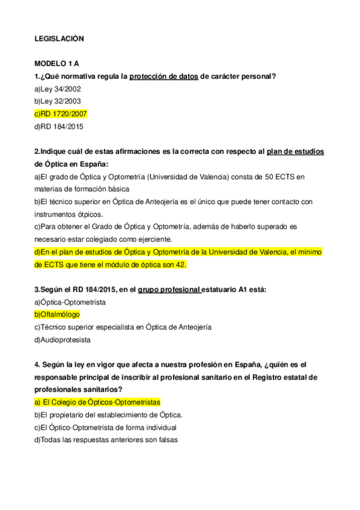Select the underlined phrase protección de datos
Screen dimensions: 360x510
(163, 76)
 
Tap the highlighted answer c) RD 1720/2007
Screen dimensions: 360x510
(61, 114)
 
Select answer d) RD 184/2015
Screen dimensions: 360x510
(59, 127)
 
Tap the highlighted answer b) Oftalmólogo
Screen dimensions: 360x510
(57, 315)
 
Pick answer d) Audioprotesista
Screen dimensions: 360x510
(63, 340)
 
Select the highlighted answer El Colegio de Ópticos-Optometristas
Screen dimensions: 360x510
(97, 402)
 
